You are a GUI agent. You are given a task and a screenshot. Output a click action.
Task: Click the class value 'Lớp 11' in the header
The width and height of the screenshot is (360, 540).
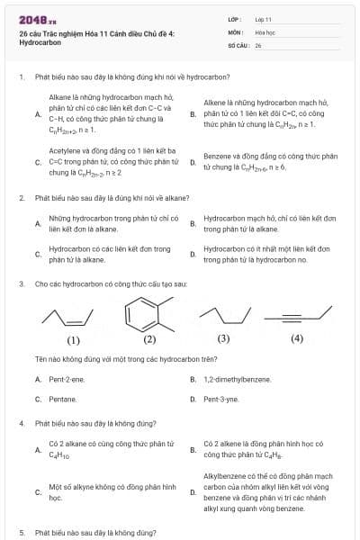click(x=263, y=19)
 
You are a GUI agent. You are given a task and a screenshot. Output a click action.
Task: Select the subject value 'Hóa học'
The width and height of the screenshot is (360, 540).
click(x=264, y=31)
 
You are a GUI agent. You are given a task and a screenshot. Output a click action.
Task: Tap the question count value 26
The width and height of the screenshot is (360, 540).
click(x=257, y=44)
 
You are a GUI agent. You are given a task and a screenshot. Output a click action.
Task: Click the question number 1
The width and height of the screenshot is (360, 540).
click(x=21, y=77)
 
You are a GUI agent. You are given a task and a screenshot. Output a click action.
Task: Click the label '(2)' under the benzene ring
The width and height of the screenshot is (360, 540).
click(x=149, y=339)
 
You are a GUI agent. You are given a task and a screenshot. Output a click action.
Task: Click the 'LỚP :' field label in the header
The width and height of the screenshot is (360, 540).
click(x=236, y=19)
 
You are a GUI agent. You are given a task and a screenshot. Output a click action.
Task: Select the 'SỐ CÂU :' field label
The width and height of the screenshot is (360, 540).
click(x=238, y=44)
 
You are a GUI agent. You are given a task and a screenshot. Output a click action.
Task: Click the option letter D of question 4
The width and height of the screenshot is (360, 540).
click(x=193, y=492)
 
